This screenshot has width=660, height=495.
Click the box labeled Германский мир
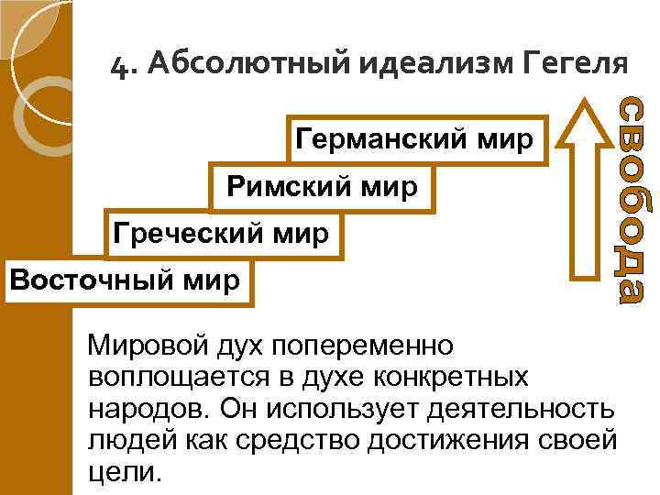click(414, 140)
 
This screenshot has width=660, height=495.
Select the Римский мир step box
click(323, 188)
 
